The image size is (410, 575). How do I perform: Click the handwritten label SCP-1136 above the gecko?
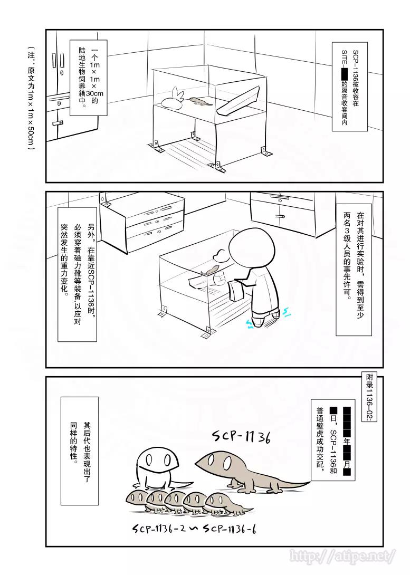[241, 437]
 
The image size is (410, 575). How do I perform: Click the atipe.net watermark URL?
[343, 555]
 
